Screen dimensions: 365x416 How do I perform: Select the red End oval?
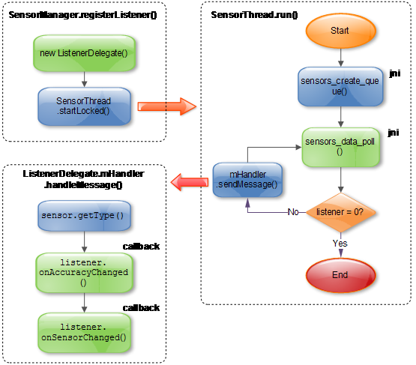(x=340, y=274)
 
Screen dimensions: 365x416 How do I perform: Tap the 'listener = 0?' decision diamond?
(x=341, y=212)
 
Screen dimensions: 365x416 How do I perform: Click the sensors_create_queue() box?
(x=341, y=87)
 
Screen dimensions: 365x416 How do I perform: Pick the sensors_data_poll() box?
(x=341, y=145)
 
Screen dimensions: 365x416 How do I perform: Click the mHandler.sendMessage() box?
(x=248, y=180)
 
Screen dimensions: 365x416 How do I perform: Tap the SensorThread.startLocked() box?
(x=83, y=106)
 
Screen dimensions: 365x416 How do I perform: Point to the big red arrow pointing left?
(x=189, y=181)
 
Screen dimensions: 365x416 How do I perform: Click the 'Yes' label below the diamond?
(x=340, y=243)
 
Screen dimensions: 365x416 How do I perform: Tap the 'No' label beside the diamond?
(x=294, y=212)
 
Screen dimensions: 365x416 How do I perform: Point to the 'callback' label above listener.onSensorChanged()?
(x=141, y=307)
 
